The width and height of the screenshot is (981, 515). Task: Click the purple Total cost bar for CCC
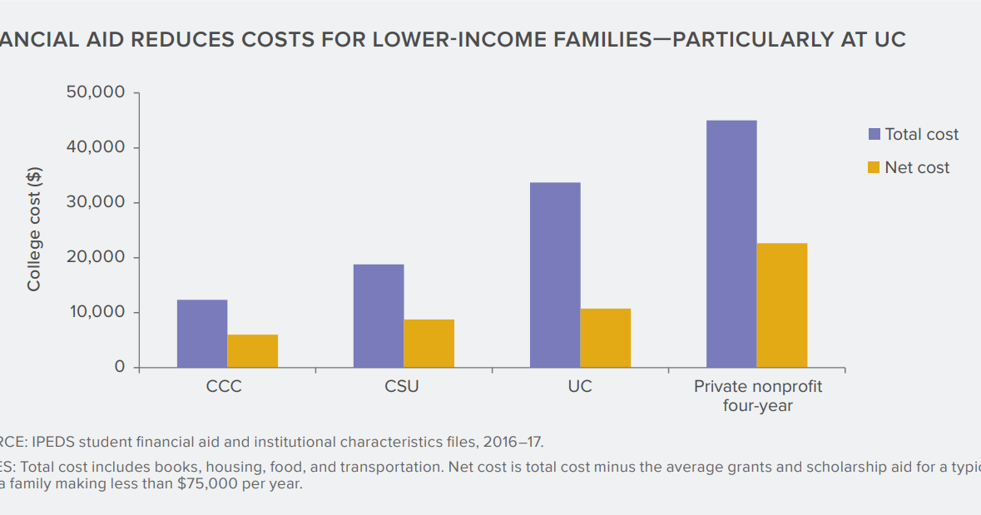point(202,334)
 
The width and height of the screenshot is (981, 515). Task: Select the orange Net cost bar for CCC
point(253,351)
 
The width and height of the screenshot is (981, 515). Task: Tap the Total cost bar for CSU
point(379,316)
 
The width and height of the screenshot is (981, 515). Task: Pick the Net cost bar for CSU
point(429,344)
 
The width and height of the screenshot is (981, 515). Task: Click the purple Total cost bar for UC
point(555,275)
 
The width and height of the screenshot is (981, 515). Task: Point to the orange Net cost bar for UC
point(606,338)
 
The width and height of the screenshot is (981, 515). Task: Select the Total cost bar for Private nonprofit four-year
point(731,244)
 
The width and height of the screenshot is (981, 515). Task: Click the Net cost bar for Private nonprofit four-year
point(782,305)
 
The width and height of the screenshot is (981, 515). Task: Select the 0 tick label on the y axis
point(119,367)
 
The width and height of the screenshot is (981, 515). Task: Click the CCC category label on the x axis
point(224,387)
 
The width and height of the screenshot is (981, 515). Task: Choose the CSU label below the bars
point(402,387)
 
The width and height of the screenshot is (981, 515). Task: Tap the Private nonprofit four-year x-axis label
point(757,396)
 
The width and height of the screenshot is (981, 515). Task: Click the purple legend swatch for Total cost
point(874,134)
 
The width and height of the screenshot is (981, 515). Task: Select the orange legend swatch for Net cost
point(874,167)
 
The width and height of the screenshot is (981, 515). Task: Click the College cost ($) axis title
point(34,230)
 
